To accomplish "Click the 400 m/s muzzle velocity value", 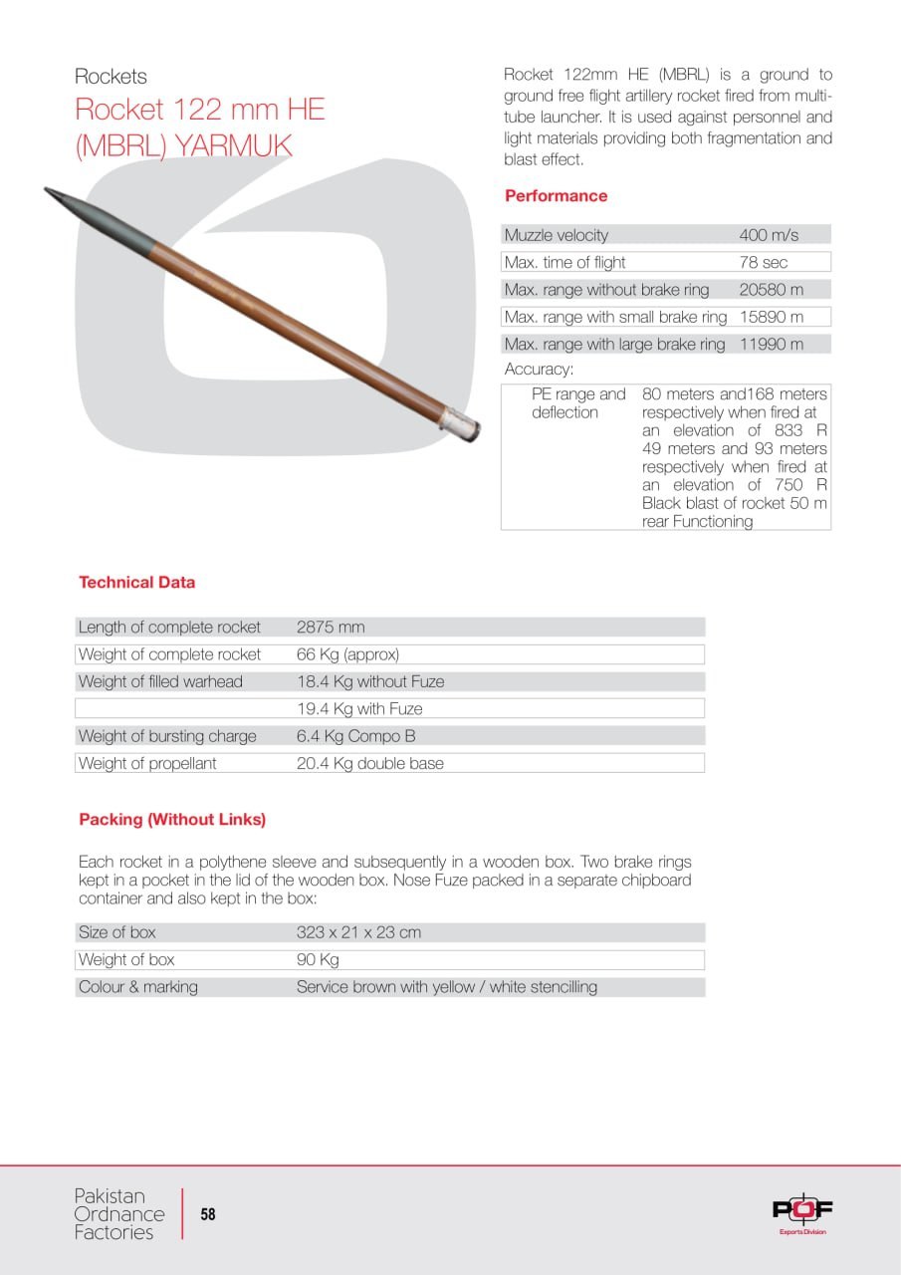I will click(x=769, y=236).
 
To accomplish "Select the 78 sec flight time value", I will click(x=763, y=263).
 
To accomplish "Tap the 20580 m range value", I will click(x=771, y=290).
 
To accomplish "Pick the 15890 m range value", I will click(x=771, y=317).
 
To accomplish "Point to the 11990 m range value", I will click(x=771, y=345).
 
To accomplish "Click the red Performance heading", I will click(x=556, y=196).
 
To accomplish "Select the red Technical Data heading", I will click(x=137, y=583).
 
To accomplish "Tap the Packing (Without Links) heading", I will click(x=172, y=820).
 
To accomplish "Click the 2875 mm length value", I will click(x=331, y=628).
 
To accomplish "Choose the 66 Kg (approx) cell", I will click(x=347, y=654).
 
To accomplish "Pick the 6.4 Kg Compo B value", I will click(x=355, y=736).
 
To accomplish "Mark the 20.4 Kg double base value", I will click(x=370, y=764).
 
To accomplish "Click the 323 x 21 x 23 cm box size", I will click(x=358, y=933).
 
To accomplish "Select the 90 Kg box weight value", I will click(x=318, y=960).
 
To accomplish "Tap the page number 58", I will click(x=208, y=1214).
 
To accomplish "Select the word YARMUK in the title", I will click(x=234, y=145).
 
